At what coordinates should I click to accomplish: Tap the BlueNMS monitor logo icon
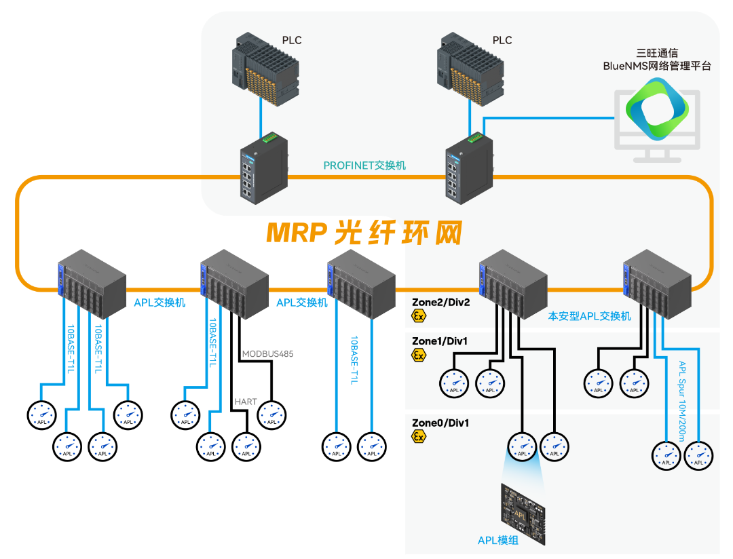coord(656,109)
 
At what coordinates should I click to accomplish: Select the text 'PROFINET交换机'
coord(364,165)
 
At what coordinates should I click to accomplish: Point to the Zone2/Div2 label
coord(440,301)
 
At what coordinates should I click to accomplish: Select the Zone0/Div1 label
coord(440,423)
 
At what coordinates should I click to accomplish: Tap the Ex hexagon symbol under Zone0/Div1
coord(419,437)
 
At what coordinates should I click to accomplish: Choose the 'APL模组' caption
coord(503,540)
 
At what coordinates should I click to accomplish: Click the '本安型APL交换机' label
coord(589,316)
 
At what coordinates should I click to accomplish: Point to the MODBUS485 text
coord(267,353)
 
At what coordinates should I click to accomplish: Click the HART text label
coord(246,402)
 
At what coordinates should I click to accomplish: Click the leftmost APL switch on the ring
coord(91,283)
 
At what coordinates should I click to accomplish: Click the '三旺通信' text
coord(657,52)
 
